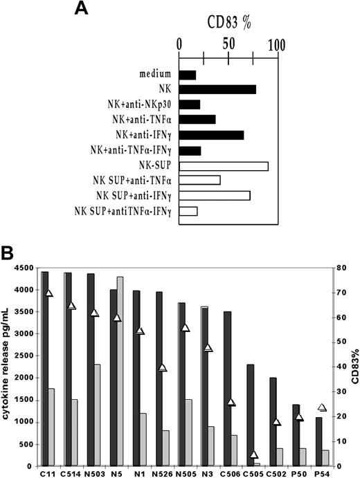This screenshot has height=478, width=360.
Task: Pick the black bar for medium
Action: pos(188,74)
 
